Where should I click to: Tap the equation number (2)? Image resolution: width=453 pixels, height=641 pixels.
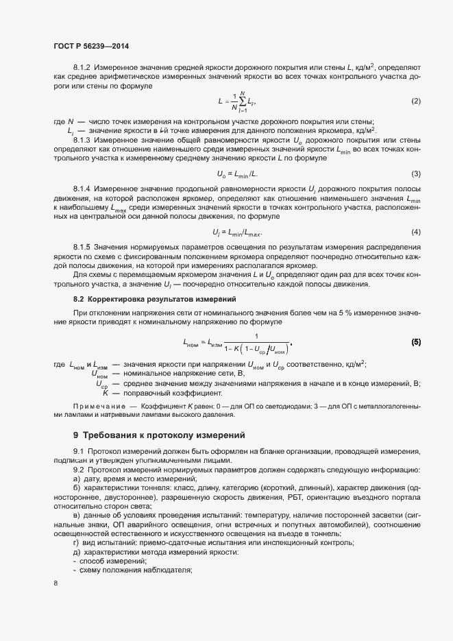415,101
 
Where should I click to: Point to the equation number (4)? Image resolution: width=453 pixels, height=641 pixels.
415,231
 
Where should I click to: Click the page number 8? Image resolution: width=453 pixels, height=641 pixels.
56,583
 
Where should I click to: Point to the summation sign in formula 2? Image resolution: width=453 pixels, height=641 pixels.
241,101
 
